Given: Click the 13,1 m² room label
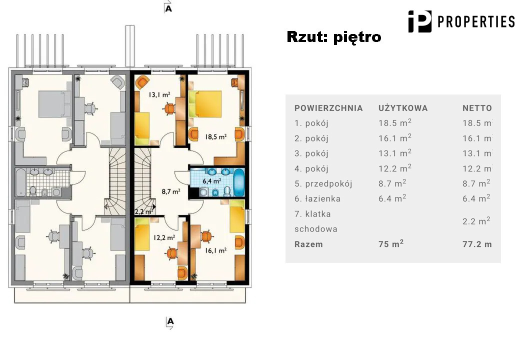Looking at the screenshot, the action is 159,94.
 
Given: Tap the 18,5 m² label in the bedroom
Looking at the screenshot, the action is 215,136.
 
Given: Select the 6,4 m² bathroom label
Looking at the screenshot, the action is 212,181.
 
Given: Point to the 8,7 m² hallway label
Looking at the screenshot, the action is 171,191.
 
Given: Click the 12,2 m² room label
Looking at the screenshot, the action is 164,237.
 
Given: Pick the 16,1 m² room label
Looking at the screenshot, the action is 215,250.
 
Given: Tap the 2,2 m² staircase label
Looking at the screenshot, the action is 144,212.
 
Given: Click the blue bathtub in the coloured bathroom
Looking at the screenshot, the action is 239,182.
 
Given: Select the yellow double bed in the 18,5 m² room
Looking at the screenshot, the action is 205,104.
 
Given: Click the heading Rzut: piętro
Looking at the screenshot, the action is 334,37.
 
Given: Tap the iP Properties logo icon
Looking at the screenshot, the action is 420,21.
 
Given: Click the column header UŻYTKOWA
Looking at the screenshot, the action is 403,108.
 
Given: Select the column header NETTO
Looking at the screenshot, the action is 477,108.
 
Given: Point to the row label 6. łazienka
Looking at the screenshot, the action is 317,199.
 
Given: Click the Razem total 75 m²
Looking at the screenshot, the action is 391,243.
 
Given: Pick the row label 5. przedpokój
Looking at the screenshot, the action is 323,184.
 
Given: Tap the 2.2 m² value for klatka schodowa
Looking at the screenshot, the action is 476,221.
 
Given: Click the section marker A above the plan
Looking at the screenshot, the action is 168,8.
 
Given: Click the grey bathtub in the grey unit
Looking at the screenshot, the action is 20,182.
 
